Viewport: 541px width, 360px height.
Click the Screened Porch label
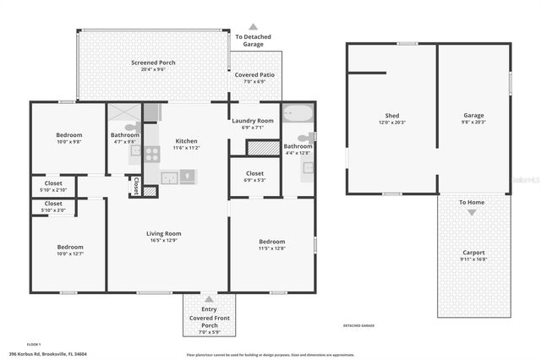pos(152,63)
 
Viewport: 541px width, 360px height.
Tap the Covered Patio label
pos(254,74)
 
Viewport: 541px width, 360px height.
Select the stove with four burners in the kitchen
pos(153,154)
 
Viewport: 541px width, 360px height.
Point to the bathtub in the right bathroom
pos(297,113)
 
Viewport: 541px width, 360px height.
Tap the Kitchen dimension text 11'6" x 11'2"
pos(186,148)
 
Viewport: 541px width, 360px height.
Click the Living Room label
pos(166,233)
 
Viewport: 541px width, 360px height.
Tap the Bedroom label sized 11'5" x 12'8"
pos(271,242)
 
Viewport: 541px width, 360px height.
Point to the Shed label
pos(391,115)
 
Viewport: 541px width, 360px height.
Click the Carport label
pos(473,252)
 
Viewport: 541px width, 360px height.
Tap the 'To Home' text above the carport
pos(472,203)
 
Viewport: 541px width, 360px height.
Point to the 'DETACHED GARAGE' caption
pos(358,325)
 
